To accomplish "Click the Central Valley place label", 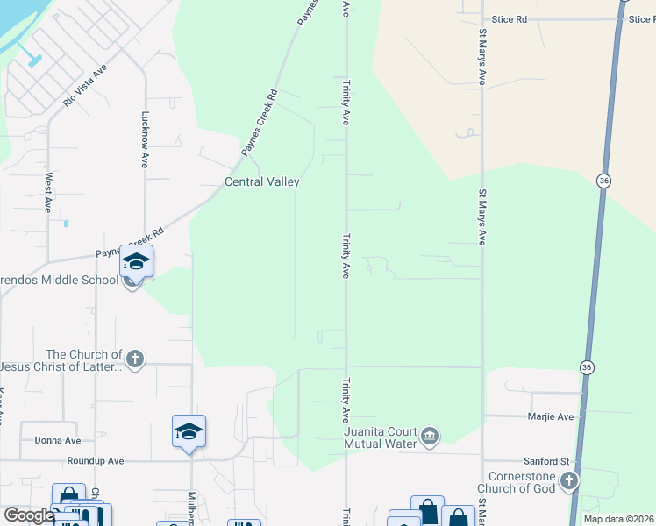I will point(262,182).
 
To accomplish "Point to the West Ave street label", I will point(48,192).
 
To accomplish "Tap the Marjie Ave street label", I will point(551,417).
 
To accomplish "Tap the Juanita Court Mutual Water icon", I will point(430,436).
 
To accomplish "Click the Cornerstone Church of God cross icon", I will point(569,480).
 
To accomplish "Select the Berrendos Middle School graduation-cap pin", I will point(136,261).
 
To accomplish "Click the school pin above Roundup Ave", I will point(189,431).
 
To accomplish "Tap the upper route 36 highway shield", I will point(602,181).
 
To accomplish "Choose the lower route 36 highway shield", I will point(587,366).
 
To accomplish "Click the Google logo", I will point(29,515).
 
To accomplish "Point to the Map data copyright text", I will point(619,519).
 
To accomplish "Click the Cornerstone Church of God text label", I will point(517,481).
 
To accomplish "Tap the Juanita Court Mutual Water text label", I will point(374,437).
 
